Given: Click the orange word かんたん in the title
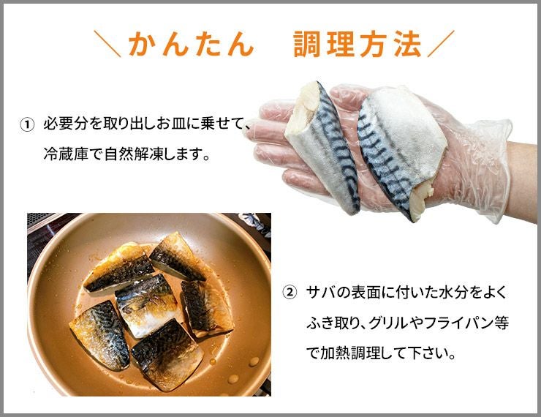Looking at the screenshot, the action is [x=192, y=44].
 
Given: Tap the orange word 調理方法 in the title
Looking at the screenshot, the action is [x=357, y=44].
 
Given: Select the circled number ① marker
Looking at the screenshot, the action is [x=27, y=124].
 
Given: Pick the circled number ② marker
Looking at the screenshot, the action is [x=290, y=293].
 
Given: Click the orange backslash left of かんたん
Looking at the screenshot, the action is [x=107, y=44].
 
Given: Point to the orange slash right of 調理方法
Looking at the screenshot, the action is [x=442, y=44].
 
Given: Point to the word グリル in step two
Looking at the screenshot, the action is [x=390, y=323].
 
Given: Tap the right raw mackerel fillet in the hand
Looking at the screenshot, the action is [x=400, y=149].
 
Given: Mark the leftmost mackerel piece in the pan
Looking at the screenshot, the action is [x=100, y=335].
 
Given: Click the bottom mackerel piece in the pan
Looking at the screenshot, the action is [x=167, y=356].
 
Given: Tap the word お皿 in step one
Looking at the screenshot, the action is [x=172, y=124].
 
